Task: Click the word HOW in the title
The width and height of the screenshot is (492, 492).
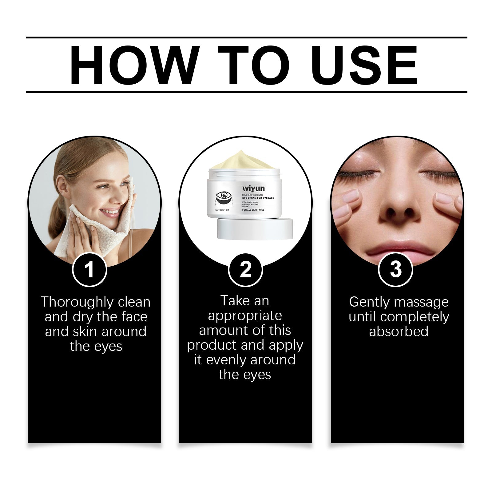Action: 132,65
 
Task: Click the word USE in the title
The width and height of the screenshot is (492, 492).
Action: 366,65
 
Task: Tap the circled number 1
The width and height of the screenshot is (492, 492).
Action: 89,270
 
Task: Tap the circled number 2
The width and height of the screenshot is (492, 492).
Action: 245,270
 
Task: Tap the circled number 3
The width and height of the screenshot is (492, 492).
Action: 395,270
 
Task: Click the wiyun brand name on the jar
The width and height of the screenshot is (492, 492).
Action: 253,188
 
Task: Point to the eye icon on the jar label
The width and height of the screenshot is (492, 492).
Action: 224,195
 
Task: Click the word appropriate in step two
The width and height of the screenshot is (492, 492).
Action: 245,316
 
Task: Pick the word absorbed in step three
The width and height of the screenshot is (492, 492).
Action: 399,331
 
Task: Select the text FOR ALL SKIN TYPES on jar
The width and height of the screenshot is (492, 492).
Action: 253,210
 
